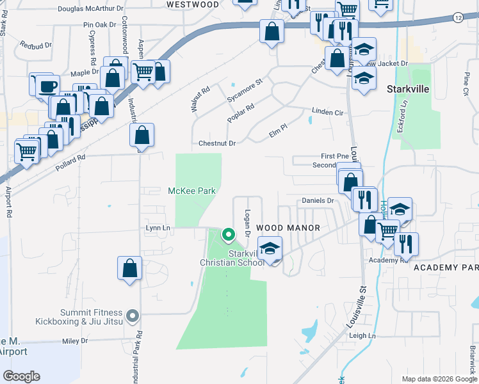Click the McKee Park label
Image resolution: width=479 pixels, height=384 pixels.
[191, 191]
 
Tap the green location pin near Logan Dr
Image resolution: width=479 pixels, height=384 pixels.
[228, 235]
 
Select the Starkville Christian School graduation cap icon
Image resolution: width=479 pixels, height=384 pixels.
[270, 249]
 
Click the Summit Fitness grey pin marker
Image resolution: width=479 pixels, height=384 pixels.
[133, 315]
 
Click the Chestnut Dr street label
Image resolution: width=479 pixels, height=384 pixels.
[218, 143]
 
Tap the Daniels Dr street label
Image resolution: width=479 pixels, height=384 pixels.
[318, 201]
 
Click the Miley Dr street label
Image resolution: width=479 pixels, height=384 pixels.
[74, 341]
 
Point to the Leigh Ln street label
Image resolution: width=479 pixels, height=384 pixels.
[362, 335]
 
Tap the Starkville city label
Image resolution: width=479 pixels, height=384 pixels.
[407, 90]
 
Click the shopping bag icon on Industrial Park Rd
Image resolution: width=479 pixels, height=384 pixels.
[130, 269]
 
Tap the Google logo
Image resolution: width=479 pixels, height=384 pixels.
[22, 376]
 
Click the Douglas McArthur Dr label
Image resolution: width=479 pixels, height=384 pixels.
[90, 9]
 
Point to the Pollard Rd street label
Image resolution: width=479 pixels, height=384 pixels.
[71, 158]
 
